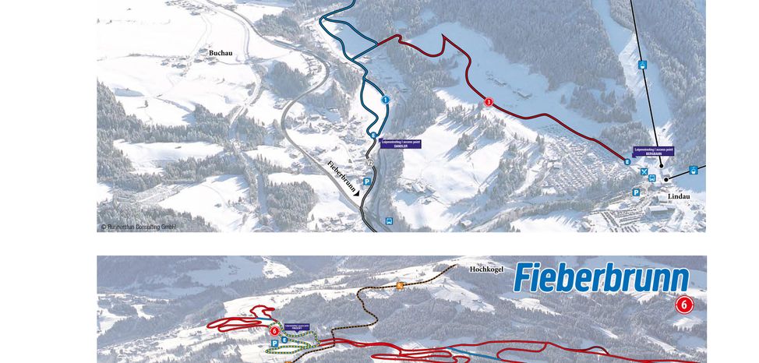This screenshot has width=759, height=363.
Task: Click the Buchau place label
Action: coord(221,53)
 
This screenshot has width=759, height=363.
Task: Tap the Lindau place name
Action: coord(679,196)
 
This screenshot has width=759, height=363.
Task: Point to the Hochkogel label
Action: coord(487,269)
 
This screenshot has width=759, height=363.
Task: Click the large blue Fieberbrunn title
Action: coord(601,278)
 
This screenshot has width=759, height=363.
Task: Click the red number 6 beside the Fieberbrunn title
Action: coord(683,305)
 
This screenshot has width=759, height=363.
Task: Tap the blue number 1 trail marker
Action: coord(385,100)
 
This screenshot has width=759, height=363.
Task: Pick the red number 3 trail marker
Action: coord(489,101)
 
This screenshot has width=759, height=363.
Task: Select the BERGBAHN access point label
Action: coord(653,151)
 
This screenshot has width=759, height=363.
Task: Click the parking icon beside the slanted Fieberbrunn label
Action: coord(366,181)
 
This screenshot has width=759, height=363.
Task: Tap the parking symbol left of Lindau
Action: coord(636,192)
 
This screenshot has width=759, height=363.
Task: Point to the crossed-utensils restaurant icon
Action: coord(644,171)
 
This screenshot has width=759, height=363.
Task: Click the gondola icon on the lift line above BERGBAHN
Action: coord(642,65)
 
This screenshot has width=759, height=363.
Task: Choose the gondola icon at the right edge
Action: coord(693,170)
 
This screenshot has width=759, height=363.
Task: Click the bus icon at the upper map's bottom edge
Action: coord(389,221)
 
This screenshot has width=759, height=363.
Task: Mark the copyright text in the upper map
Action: coord(138,227)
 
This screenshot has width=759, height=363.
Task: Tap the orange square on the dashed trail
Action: coord(400,285)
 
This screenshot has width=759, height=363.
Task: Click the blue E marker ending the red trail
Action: coord(627,162)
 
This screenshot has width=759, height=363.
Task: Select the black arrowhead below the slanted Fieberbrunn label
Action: coord(356,197)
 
